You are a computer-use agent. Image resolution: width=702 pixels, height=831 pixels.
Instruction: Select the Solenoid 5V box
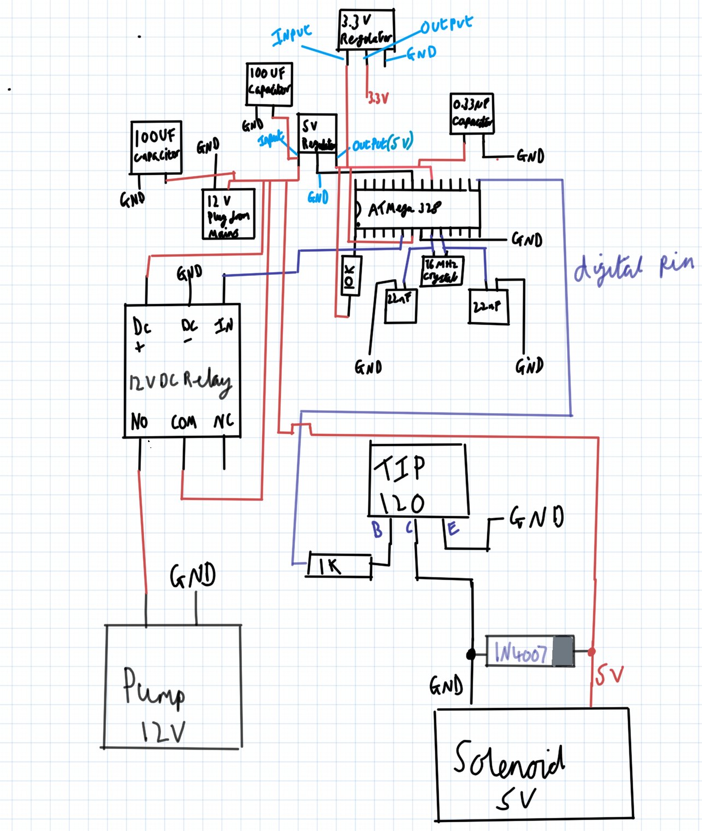(x=533, y=765)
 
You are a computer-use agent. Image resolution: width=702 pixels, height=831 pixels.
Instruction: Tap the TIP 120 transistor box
(x=418, y=480)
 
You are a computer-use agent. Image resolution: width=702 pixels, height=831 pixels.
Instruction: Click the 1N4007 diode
(x=529, y=651)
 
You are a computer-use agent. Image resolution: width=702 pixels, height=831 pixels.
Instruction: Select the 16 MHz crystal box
(x=442, y=271)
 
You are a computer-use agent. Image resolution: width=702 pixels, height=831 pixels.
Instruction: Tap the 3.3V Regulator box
(x=366, y=30)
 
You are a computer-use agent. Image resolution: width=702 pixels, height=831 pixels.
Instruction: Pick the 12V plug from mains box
(x=228, y=214)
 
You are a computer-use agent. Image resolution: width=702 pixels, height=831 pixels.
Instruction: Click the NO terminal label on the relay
(x=139, y=421)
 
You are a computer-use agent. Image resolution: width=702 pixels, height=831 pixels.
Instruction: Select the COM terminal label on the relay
(x=184, y=422)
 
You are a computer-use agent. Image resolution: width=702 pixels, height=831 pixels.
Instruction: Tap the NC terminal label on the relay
(x=223, y=421)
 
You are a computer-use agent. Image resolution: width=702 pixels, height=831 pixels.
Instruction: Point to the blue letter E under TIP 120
(x=453, y=528)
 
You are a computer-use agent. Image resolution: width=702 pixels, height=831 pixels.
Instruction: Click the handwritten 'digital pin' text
(x=634, y=268)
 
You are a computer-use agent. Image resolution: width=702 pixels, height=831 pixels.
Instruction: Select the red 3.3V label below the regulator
(x=378, y=98)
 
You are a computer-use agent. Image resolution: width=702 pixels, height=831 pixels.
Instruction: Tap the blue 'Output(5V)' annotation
(x=382, y=144)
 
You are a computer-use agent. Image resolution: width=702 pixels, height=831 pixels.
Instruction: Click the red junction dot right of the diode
(x=592, y=652)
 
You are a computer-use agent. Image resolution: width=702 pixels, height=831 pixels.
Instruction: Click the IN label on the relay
(x=224, y=326)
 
